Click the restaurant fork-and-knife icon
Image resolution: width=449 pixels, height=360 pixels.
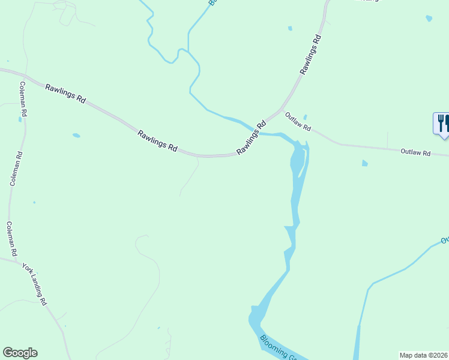coord(442,124)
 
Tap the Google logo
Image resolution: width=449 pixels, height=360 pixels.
coord(20,353)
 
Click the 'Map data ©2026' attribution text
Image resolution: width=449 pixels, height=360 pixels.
coord(423,355)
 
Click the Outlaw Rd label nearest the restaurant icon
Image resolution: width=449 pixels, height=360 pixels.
coord(415,153)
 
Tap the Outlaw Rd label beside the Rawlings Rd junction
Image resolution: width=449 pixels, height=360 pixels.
coord(298,122)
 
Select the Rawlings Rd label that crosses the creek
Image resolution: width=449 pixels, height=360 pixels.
coord(252,139)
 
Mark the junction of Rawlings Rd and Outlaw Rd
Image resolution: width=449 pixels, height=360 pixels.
coord(282,110)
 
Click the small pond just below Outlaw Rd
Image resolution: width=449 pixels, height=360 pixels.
coord(364,163)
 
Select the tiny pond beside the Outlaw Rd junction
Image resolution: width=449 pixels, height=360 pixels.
coord(305,117)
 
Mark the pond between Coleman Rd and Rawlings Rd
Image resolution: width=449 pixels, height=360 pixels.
coord(76,136)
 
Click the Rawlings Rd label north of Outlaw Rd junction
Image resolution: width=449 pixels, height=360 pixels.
coord(312,55)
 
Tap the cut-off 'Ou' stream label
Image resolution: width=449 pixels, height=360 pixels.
coord(445,240)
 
